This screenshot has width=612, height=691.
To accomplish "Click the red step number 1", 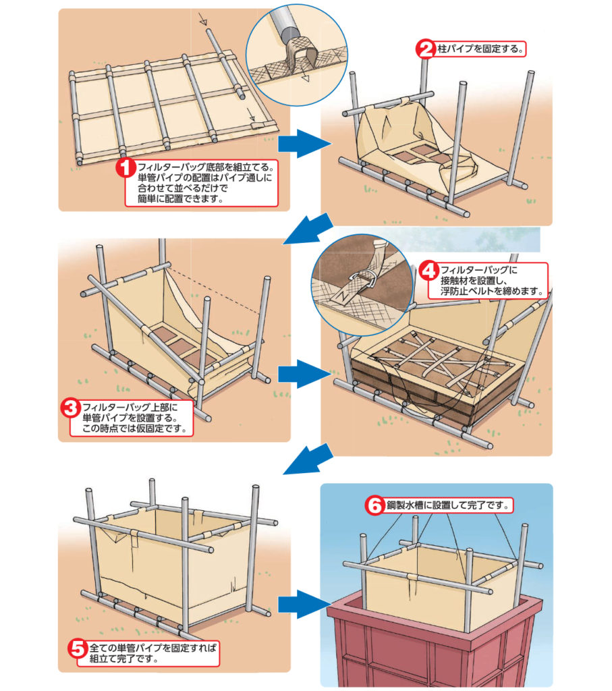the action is (x=126, y=168).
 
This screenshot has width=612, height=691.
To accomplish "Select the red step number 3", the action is (x=70, y=408).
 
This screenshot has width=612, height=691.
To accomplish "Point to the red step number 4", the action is (x=428, y=271).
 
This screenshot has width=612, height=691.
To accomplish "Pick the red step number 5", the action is (x=78, y=648).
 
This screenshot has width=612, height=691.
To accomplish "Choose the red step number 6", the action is (x=374, y=505).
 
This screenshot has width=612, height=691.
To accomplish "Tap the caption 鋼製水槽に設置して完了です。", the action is (x=448, y=505).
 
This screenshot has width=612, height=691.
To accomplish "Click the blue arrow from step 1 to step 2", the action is (x=304, y=143).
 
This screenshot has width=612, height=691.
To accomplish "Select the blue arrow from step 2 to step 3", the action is (x=308, y=229).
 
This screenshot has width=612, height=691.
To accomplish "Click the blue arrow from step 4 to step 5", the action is (x=308, y=459).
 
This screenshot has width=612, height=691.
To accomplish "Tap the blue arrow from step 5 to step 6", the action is (x=304, y=604).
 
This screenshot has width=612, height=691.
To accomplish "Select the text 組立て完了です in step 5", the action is (x=123, y=659).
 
